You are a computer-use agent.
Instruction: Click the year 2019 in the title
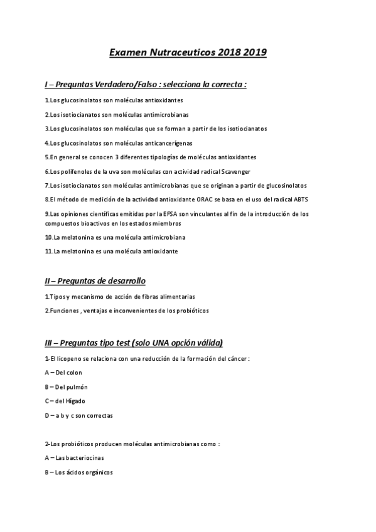(x=253, y=53)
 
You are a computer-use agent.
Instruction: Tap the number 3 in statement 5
(x=117, y=157)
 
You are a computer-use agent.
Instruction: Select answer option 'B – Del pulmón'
(x=66, y=387)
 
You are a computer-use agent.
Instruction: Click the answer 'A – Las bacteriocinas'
(x=75, y=458)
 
